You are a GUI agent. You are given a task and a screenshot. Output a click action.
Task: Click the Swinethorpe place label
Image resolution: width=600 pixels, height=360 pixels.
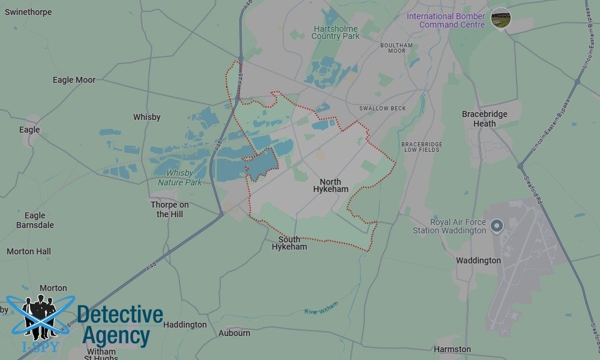click(28, 12)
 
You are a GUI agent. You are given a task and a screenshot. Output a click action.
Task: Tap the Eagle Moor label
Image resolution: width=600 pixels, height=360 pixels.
click(74, 80)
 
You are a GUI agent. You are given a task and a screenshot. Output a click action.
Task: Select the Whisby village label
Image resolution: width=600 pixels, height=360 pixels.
click(146, 117)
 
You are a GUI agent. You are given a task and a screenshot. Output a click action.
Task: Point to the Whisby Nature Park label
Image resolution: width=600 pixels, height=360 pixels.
click(180, 178)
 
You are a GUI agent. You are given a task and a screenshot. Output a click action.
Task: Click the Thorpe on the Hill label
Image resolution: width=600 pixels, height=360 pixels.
click(170, 209)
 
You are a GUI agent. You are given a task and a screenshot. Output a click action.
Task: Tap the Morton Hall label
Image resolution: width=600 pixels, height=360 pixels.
click(29, 251)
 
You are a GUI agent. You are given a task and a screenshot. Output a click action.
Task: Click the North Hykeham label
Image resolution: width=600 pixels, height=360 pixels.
click(330, 185)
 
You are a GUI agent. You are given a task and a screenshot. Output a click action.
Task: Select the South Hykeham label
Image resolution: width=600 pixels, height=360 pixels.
click(289, 243)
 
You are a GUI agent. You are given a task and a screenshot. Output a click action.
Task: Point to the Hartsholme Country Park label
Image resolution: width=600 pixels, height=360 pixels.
click(335, 32)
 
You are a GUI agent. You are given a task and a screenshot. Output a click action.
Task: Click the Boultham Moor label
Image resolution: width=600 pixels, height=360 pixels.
click(397, 48)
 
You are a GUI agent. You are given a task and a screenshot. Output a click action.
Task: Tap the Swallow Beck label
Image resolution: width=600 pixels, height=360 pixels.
click(382, 109)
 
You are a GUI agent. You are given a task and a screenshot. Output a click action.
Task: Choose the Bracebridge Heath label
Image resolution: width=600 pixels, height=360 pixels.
click(484, 119)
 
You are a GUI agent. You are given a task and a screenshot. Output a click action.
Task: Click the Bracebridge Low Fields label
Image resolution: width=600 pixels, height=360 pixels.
click(421, 147)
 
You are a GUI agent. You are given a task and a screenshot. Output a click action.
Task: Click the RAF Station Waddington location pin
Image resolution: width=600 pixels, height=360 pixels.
click(497, 226)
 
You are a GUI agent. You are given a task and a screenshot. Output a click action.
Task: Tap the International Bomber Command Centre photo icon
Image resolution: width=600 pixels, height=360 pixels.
click(500, 17)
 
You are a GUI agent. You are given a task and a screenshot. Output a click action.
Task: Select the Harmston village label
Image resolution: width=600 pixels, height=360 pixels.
click(452, 349)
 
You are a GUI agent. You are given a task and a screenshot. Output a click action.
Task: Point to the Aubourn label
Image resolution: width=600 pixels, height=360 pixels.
click(234, 333)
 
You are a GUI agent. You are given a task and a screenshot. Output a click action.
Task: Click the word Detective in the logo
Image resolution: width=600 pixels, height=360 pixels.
click(120, 314)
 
